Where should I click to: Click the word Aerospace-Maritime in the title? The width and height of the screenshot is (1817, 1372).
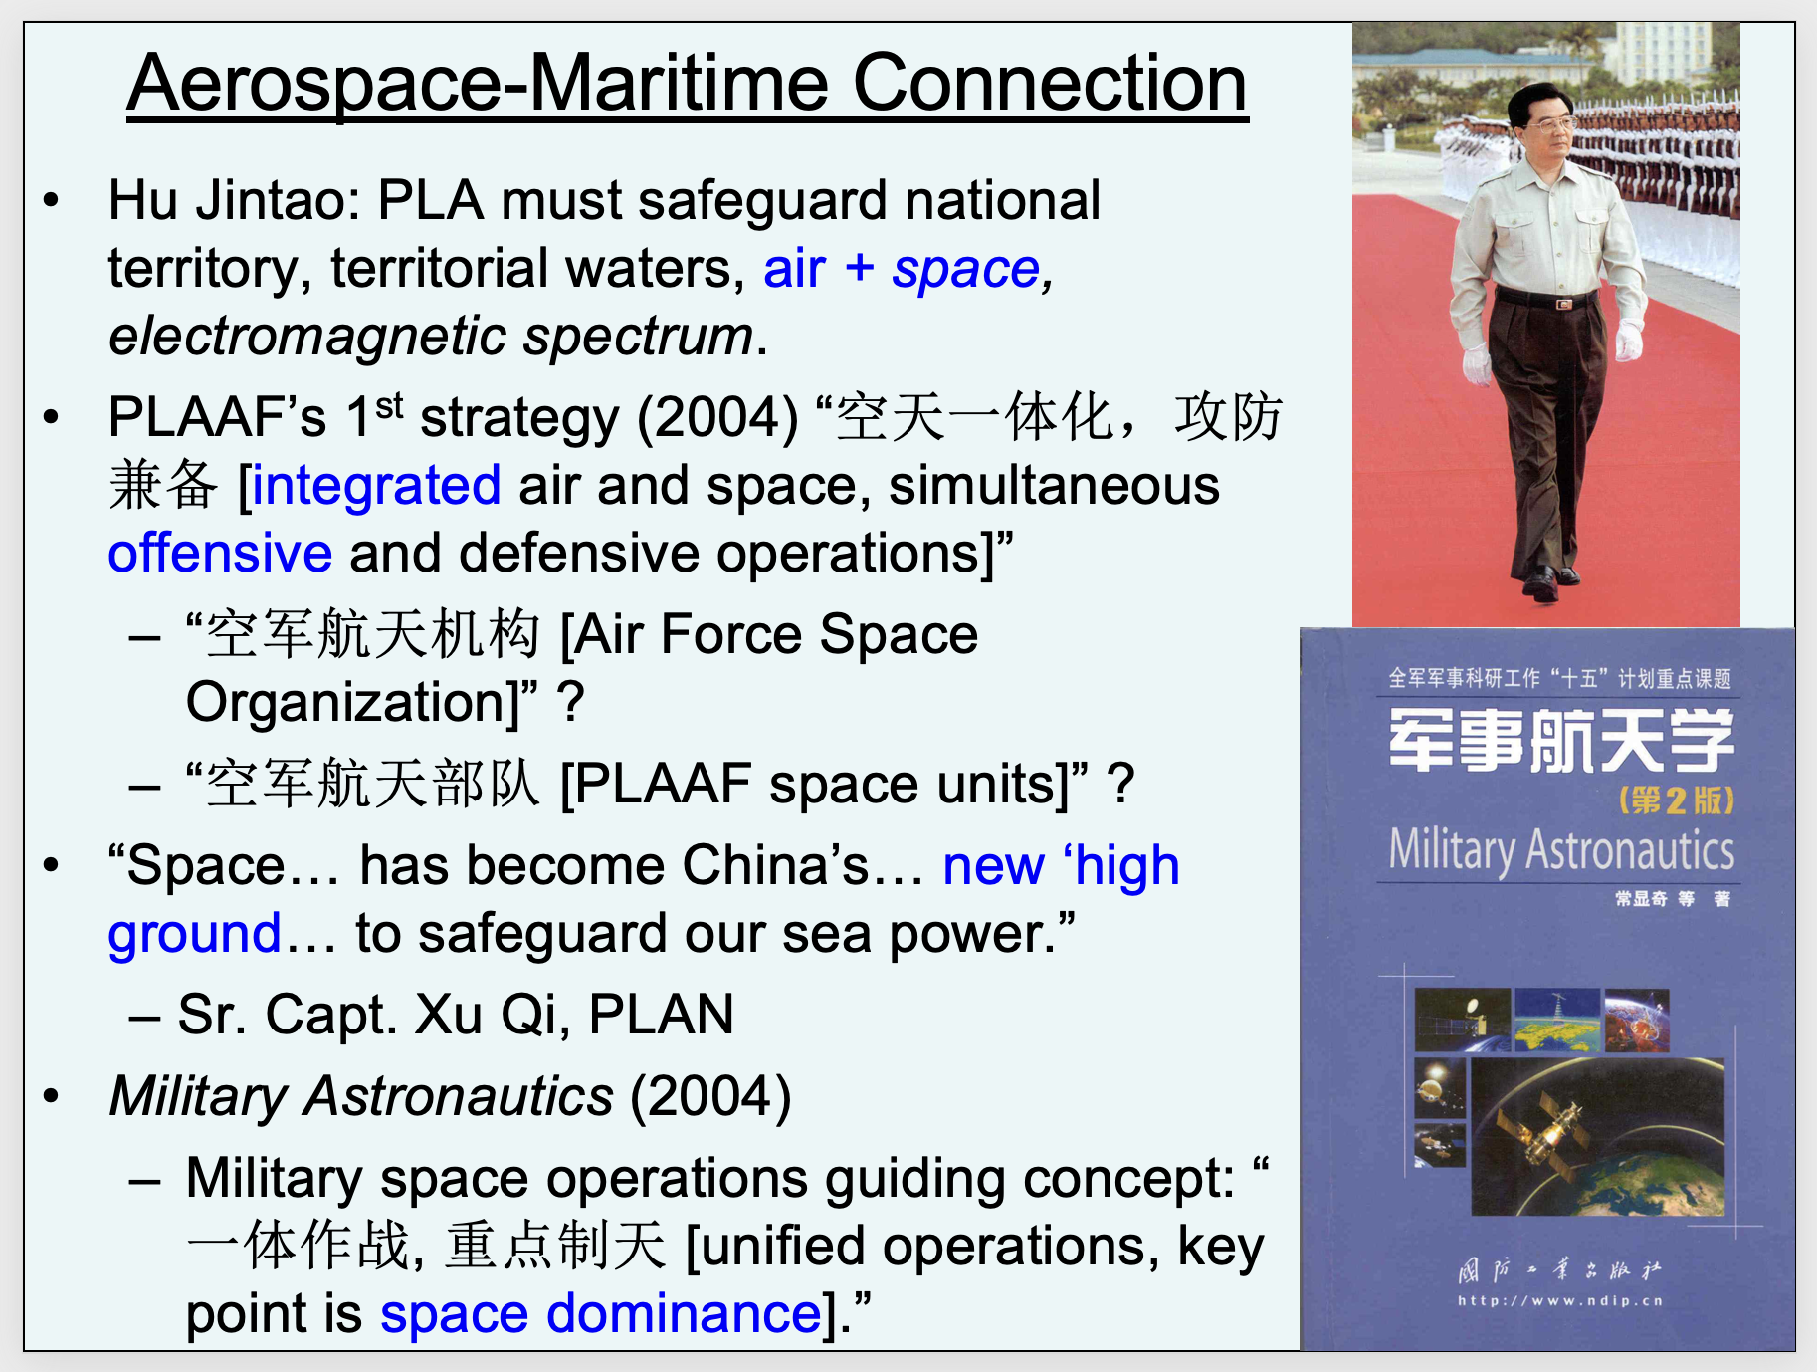pyautogui.click(x=478, y=85)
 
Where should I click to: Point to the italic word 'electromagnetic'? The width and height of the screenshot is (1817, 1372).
pyautogui.click(x=309, y=337)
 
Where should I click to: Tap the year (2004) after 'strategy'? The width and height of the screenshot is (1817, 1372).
pyautogui.click(x=717, y=418)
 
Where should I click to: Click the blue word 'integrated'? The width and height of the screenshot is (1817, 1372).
pyautogui.click(x=376, y=486)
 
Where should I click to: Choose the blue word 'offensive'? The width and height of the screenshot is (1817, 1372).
pyautogui.click(x=220, y=553)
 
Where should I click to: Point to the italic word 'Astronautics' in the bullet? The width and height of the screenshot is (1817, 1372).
pyautogui.click(x=459, y=1097)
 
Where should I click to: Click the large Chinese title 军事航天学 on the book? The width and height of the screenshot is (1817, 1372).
pyautogui.click(x=1561, y=742)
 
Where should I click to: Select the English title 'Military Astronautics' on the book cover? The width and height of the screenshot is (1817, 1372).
pyautogui.click(x=1561, y=850)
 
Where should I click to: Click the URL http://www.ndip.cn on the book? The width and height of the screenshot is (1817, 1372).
pyautogui.click(x=1560, y=1300)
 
